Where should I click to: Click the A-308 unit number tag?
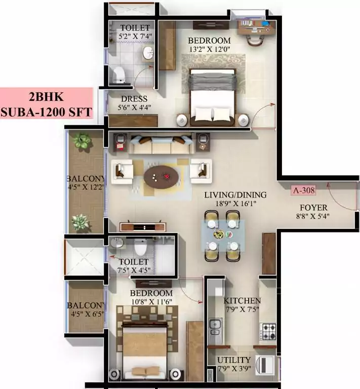click(x=304, y=191)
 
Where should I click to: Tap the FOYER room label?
click(x=313, y=208)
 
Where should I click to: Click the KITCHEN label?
click(x=243, y=301)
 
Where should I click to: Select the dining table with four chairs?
click(x=222, y=235)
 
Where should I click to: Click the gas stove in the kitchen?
click(x=268, y=332)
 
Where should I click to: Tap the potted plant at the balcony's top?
click(x=81, y=141)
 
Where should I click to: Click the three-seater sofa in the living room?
click(x=160, y=144)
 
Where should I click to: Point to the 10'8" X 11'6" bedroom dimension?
click(x=151, y=302)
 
